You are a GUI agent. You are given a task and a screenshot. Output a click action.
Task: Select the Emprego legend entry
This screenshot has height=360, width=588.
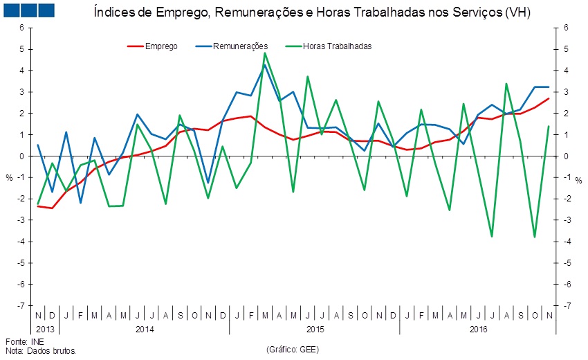click(x=161, y=46)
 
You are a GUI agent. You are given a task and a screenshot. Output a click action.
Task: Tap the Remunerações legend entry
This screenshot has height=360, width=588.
click(x=240, y=46)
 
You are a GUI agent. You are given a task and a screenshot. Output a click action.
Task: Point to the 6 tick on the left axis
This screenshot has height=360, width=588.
click(x=21, y=28)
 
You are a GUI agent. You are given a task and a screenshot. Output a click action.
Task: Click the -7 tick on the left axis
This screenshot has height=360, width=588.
click(x=21, y=305)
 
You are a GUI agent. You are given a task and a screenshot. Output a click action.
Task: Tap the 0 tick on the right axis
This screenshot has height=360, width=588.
click(x=566, y=156)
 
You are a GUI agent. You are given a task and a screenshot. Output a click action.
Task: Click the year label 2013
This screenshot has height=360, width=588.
click(x=45, y=328)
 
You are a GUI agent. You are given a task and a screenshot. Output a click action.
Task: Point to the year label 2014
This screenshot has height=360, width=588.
click(x=144, y=328)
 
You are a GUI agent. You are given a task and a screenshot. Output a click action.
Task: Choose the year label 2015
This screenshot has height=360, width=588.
click(x=315, y=328)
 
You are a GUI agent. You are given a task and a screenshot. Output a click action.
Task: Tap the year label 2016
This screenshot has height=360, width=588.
click(x=477, y=328)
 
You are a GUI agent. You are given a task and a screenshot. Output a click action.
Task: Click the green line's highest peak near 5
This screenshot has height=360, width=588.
click(x=265, y=53)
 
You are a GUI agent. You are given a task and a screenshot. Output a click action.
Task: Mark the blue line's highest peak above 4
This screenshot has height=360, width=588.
click(x=264, y=65)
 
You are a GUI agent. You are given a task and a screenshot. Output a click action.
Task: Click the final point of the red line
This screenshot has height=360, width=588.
click(x=549, y=98)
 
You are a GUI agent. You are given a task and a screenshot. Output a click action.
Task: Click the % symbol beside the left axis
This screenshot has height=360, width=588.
click(x=10, y=178)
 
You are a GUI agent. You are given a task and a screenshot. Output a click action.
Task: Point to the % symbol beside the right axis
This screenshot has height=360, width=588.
click(x=578, y=180)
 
